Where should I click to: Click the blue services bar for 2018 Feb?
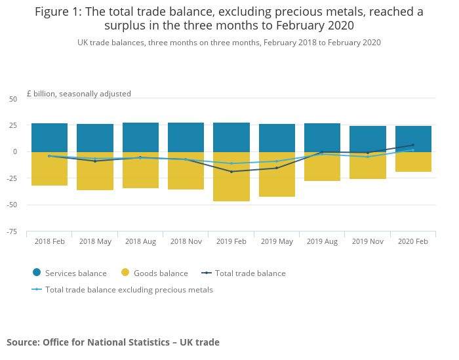49,138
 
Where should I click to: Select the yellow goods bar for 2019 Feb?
231,176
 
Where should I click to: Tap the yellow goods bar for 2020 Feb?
413,162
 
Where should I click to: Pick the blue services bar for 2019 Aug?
322,138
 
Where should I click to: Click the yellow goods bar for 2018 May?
95,171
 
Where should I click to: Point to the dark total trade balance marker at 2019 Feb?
231,171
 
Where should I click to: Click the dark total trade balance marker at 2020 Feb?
413,145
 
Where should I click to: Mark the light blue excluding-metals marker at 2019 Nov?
368,157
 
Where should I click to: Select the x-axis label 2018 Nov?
186,241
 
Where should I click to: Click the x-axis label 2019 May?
277,241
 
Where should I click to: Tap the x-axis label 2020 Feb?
413,241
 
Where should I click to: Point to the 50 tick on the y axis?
13,99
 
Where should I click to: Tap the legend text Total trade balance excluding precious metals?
129,289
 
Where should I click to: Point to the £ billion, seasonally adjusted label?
79,94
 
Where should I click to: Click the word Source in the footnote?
22,342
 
